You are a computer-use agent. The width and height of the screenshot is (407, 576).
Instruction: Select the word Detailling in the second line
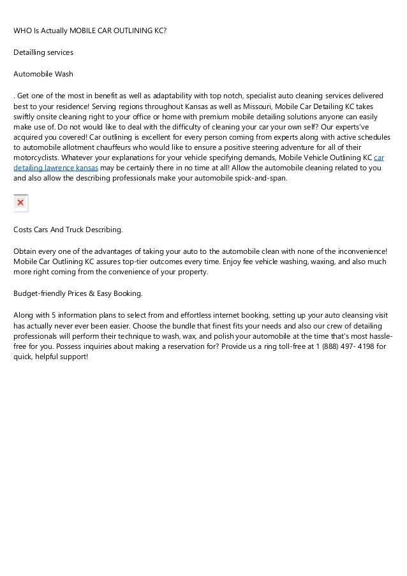pos(30,52)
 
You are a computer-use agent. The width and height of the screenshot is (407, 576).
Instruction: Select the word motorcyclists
pos(36,158)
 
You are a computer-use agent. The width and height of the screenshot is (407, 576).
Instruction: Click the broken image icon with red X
pos(20,203)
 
